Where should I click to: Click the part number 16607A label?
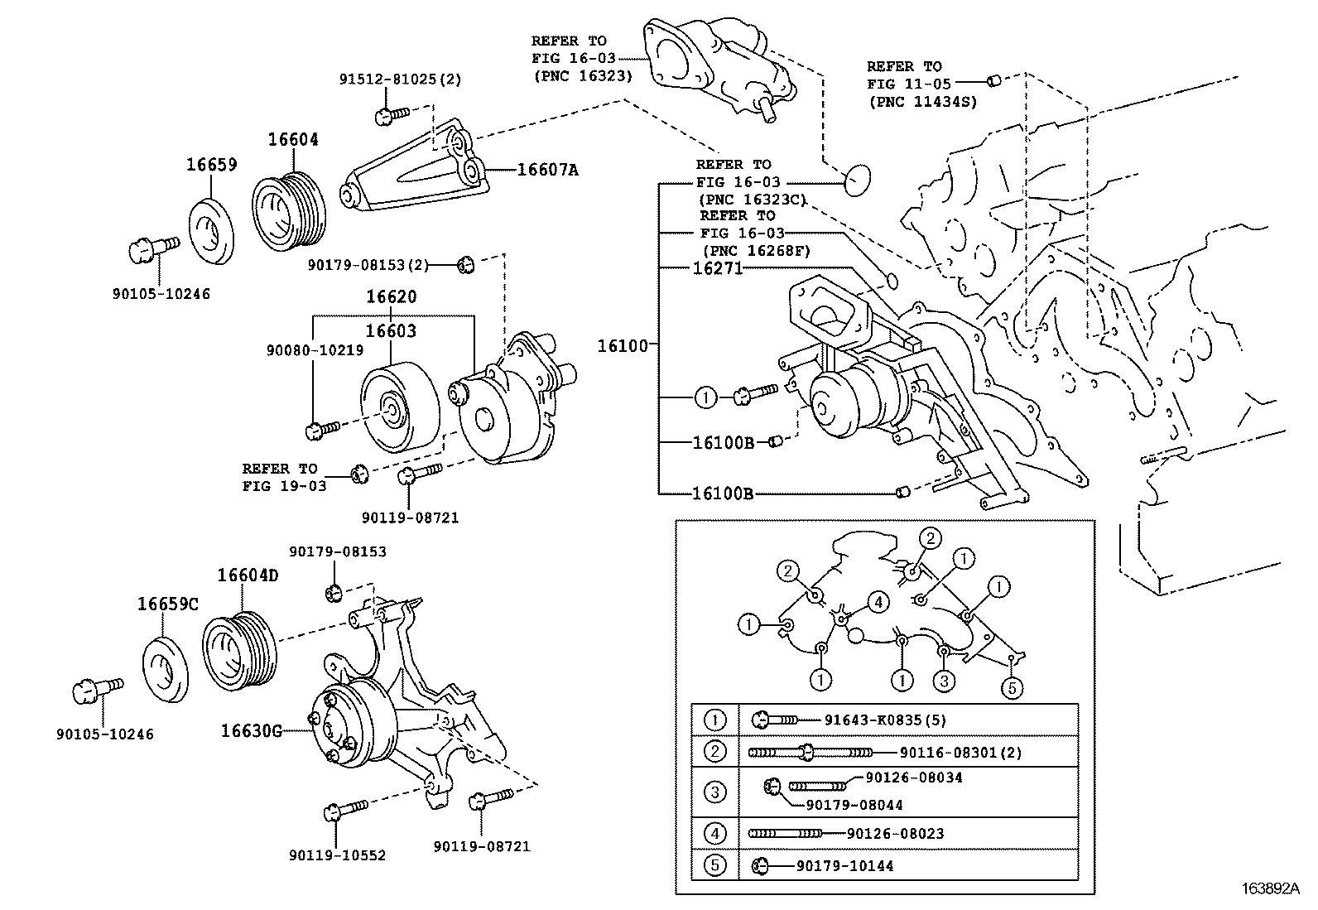tap(547, 170)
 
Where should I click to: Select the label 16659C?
tap(168, 604)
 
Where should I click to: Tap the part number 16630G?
tap(252, 730)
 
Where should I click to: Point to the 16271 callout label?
tap(718, 268)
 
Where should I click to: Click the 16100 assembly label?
tap(623, 345)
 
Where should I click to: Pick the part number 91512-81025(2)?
tap(400, 80)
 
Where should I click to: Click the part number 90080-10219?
tap(315, 350)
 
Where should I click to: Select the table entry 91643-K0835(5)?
tap(885, 720)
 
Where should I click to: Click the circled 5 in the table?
tap(714, 865)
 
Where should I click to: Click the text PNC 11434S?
tap(922, 101)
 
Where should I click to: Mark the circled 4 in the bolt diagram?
tap(878, 602)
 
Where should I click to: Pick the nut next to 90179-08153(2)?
tap(465, 265)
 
